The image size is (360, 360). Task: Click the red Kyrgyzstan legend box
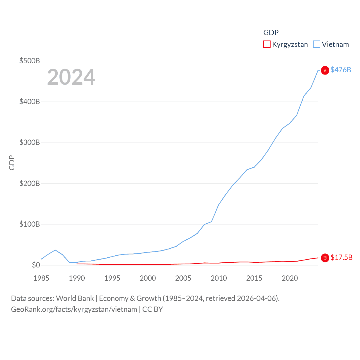267,44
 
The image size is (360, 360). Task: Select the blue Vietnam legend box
317,44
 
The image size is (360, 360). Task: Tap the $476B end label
341,70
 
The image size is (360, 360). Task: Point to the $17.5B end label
341,257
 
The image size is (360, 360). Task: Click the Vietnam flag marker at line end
325,70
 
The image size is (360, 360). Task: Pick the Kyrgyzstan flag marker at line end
325,258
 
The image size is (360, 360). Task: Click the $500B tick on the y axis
30,61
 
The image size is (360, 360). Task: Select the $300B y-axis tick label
30,142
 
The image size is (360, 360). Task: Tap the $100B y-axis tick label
30,224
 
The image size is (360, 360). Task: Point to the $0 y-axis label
36,265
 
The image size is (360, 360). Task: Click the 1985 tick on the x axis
41,278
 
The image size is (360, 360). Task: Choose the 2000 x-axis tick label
148,278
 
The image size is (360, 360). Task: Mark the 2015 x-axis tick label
254,278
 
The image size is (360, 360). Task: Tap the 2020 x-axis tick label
290,278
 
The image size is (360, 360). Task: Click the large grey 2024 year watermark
71,77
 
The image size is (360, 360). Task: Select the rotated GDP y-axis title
12,163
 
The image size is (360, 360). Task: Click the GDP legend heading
271,33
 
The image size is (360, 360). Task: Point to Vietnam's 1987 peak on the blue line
55,250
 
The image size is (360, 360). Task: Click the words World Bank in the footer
75,298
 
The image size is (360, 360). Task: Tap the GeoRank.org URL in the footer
74,309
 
